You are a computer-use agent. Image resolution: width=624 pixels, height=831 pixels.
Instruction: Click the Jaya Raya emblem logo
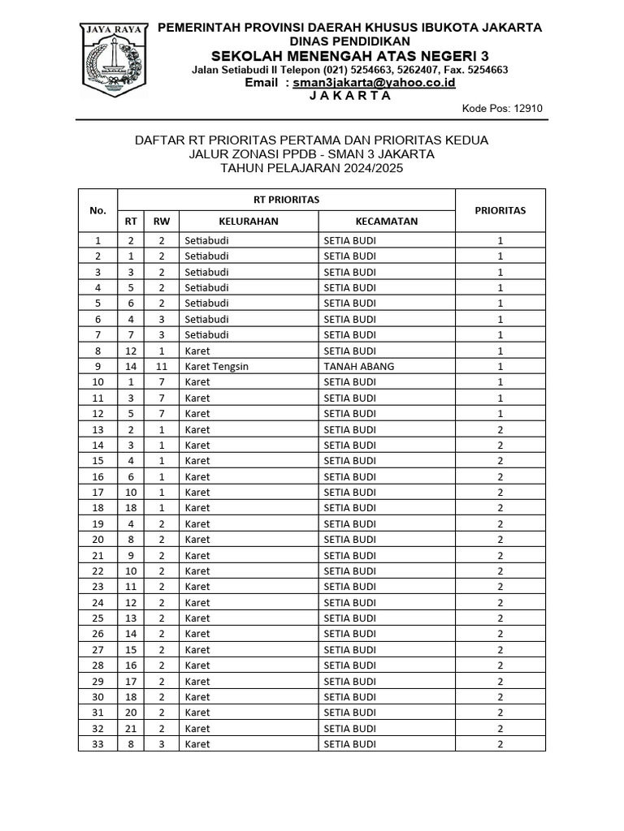(113, 58)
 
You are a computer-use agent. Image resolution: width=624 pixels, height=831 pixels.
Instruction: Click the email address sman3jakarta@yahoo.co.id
(375, 83)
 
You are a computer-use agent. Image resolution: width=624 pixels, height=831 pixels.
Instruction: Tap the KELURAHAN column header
(248, 221)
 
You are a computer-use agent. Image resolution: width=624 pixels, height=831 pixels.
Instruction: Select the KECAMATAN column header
(386, 221)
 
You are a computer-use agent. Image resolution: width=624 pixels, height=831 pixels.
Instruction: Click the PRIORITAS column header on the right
(500, 210)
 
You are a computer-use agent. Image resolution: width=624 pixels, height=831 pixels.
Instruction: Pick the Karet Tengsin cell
(216, 366)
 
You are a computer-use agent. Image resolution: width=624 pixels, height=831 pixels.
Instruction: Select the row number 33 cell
(98, 744)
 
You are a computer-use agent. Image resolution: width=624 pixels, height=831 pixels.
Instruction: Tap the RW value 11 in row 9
(162, 366)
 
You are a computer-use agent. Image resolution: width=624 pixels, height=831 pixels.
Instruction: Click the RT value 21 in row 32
(131, 728)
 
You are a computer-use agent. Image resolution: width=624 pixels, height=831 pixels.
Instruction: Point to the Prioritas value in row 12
(500, 413)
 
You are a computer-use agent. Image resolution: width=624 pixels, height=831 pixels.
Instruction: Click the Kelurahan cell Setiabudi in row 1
(206, 240)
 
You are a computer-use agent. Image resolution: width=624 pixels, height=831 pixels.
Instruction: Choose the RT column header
(131, 221)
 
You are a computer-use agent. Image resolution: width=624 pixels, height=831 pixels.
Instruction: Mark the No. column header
(98, 210)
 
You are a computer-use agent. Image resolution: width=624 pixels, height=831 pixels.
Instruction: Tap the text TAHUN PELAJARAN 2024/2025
(311, 168)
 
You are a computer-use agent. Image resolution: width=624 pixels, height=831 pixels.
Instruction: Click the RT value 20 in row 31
(131, 713)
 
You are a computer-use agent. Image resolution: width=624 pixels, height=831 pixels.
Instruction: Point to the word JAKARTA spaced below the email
(350, 96)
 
